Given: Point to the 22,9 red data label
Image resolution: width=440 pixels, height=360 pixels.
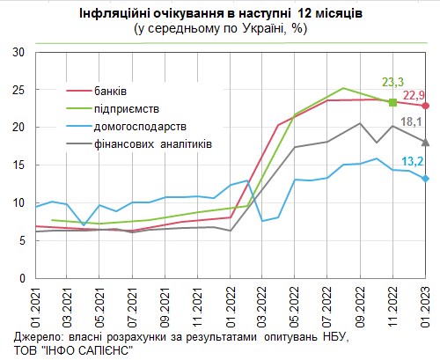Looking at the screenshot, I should point(415,94).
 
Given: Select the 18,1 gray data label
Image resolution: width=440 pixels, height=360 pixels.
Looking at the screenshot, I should point(414,122).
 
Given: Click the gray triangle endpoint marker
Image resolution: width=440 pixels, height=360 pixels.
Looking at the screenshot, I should point(425,142).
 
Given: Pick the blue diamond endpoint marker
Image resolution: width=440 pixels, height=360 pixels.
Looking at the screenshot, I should point(425,179).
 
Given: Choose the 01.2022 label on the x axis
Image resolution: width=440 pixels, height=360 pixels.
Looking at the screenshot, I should point(231,305).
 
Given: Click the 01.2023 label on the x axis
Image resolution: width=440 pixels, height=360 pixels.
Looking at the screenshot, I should point(425,305).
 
